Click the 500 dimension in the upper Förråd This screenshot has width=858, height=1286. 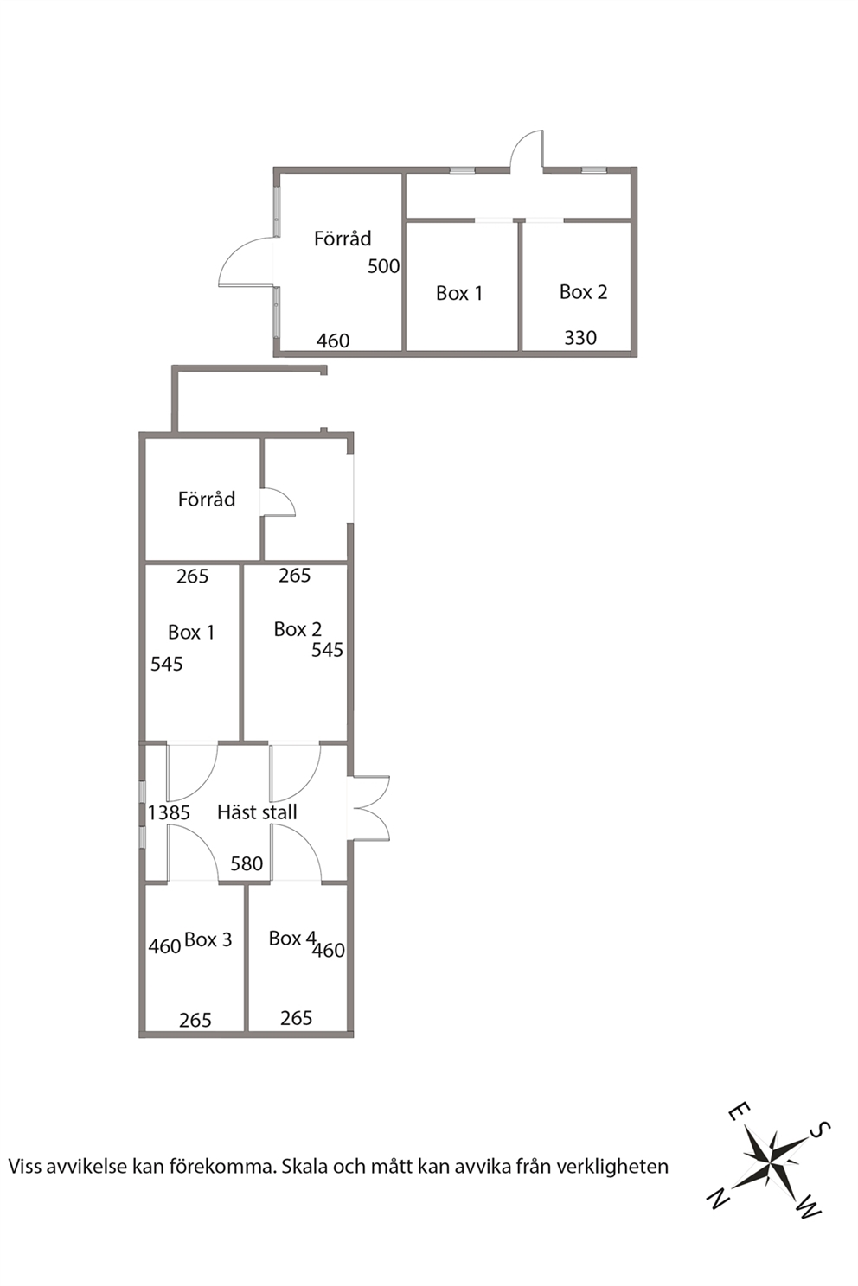point(383,266)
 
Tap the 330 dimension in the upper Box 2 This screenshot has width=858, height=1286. point(580,338)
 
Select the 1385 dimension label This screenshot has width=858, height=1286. point(169,812)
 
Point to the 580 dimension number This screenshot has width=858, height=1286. point(247,863)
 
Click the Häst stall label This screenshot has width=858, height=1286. point(258,812)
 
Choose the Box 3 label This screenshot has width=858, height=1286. point(208,939)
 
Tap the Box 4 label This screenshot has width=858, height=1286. point(292,938)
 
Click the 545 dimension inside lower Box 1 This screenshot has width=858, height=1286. point(167,665)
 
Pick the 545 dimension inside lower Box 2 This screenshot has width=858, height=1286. point(327,650)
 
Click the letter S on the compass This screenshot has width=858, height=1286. point(819,1130)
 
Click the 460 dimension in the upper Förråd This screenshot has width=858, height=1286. point(333,341)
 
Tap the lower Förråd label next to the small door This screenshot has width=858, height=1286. point(207,499)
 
